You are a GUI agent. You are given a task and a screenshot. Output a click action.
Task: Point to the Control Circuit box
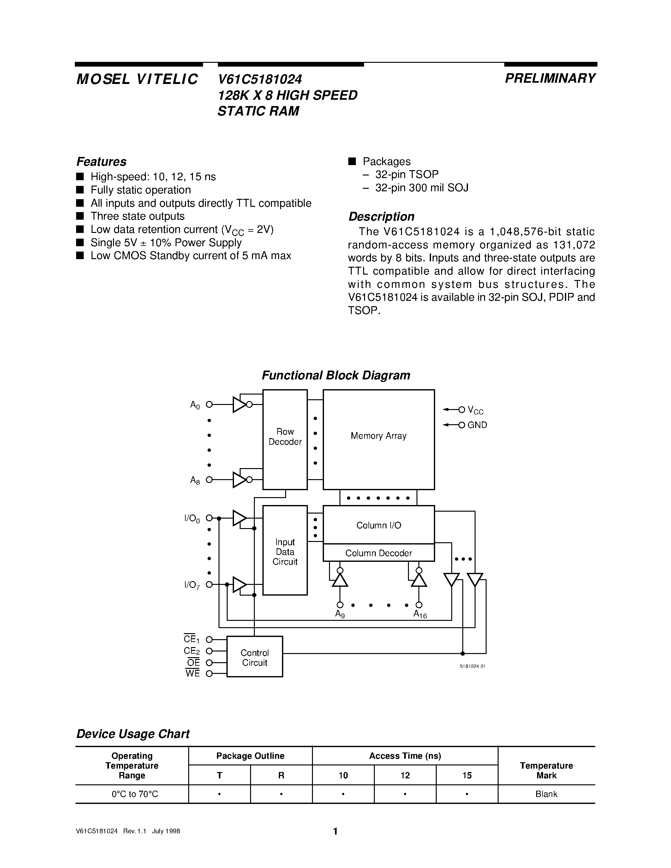click(x=255, y=657)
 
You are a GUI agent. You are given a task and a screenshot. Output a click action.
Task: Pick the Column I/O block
click(x=378, y=525)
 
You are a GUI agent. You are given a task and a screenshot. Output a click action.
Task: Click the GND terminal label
click(x=477, y=425)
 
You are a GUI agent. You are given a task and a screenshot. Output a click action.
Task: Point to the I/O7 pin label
click(x=192, y=585)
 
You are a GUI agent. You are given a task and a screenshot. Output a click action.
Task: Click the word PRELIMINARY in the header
click(x=550, y=78)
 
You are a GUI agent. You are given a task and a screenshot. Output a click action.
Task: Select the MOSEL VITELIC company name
click(x=137, y=79)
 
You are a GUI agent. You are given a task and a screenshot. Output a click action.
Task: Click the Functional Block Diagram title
click(x=336, y=375)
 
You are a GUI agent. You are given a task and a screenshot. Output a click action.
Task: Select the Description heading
click(x=381, y=216)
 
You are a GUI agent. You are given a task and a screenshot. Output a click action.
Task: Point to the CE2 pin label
click(x=192, y=651)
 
